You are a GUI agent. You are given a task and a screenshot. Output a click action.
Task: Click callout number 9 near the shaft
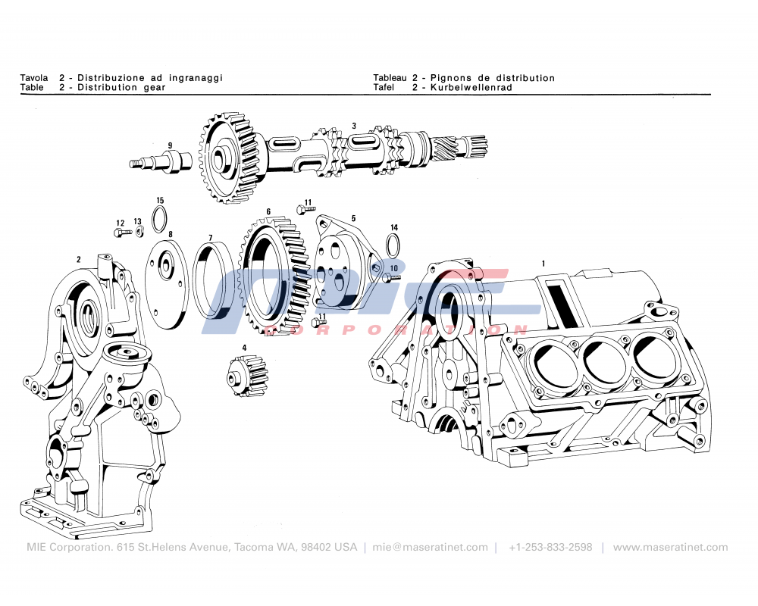pos(170,145)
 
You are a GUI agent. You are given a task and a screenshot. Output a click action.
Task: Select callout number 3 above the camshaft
pos(353,126)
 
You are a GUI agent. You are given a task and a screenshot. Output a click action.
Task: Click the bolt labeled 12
pos(123,232)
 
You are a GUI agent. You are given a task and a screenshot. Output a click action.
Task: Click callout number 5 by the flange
pos(353,219)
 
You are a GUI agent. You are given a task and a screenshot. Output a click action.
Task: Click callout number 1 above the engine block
pos(543,263)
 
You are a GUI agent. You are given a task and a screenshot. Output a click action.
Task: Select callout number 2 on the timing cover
pos(79,259)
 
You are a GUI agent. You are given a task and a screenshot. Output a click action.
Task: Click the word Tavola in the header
pos(34,78)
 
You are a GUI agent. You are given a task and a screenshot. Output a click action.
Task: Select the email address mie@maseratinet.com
pos(431,547)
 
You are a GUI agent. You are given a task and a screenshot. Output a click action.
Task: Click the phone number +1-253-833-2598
pos(550,547)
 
